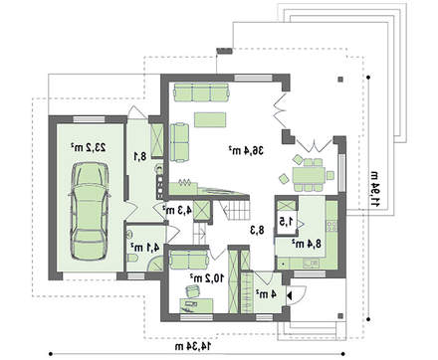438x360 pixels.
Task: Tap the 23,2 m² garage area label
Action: pyautogui.click(x=89, y=147)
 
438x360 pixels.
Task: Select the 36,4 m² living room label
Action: pyautogui.click(x=246, y=151)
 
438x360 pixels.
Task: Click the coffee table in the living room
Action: pyautogui.click(x=210, y=119)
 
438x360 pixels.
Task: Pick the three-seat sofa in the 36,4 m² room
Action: pyautogui.click(x=201, y=92)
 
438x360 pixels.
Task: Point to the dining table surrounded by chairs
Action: pyautogui.click(x=309, y=175)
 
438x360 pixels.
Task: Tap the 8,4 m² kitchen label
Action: pyautogui.click(x=307, y=244)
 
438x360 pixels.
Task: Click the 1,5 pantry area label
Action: pyautogui.click(x=287, y=221)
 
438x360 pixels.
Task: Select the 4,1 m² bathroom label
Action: pyautogui.click(x=145, y=247)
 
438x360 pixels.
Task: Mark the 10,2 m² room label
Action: pyautogui.click(x=206, y=278)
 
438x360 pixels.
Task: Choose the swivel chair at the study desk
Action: pyautogui.click(x=192, y=290)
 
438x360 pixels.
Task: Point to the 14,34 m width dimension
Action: pyautogui.click(x=193, y=346)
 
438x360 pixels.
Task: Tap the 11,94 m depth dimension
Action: pyautogui.click(x=375, y=189)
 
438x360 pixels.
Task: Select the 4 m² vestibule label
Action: pyautogui.click(x=266, y=294)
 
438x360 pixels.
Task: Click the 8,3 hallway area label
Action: pyautogui.click(x=257, y=230)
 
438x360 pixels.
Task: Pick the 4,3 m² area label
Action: pyautogui.click(x=177, y=210)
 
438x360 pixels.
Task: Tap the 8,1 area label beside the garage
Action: pyautogui.click(x=140, y=156)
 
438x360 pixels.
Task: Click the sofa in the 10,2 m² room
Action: pyautogui.click(x=189, y=260)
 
